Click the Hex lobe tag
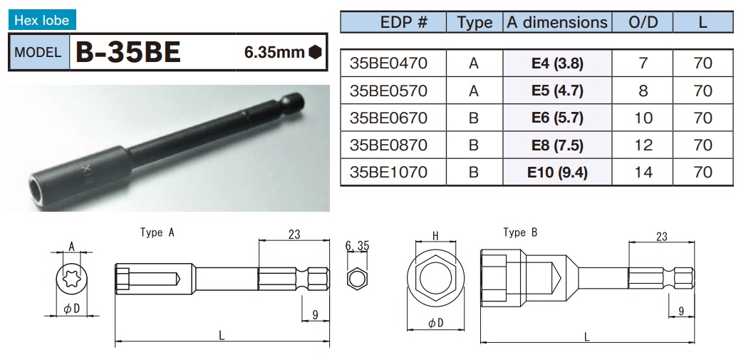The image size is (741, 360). click(42, 21)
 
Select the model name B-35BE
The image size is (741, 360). click(128, 53)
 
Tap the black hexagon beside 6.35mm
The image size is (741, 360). click(315, 52)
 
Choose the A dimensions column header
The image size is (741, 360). click(557, 22)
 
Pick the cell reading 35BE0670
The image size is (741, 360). click(388, 118)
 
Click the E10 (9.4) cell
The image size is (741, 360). click(557, 173)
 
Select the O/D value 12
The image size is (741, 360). click(643, 145)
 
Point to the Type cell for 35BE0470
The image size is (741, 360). click(474, 63)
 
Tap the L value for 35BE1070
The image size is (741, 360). click(703, 173)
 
